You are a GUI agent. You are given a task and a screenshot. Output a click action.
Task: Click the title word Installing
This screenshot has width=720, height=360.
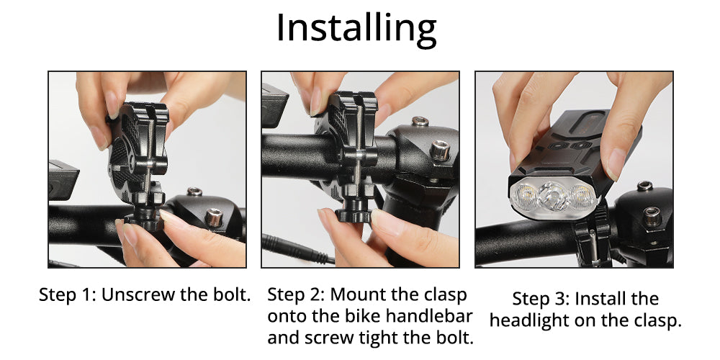click(356, 30)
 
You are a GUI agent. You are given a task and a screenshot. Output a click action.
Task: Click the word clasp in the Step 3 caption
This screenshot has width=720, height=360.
click(657, 320)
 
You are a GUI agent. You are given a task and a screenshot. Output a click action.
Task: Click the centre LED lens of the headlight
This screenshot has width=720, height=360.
click(553, 197)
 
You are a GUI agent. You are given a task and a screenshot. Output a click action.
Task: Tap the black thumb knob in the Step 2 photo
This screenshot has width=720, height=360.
click(353, 215)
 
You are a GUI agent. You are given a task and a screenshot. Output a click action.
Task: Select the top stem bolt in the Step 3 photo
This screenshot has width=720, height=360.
click(644, 186)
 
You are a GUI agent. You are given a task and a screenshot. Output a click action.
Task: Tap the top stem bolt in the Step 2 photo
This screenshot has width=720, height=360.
click(420, 121)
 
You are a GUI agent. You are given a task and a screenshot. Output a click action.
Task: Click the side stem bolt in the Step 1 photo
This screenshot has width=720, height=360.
click(214, 217)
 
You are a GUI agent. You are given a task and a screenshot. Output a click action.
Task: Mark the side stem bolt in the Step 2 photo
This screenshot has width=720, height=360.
click(439, 150)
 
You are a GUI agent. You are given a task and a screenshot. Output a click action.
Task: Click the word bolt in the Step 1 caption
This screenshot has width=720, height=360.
click(232, 294)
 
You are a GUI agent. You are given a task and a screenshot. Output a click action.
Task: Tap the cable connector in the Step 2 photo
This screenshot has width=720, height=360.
click(294, 248)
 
